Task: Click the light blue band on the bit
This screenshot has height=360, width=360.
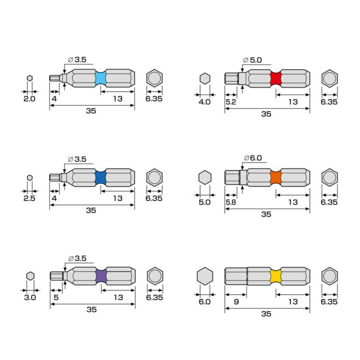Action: coord(101,78)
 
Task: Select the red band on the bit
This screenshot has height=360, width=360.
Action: coord(276,79)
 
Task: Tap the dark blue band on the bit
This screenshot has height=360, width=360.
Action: coord(101,178)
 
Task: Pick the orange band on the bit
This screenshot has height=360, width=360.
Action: coord(276,178)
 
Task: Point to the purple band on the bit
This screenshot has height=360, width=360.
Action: coord(101,276)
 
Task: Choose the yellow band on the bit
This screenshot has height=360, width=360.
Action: coord(276,276)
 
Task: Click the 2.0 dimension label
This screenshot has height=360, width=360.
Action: coord(30,99)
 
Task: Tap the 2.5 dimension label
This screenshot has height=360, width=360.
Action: coord(30,198)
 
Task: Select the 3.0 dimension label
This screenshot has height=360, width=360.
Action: coord(30,298)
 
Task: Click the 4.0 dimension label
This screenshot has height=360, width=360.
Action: coord(204,102)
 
